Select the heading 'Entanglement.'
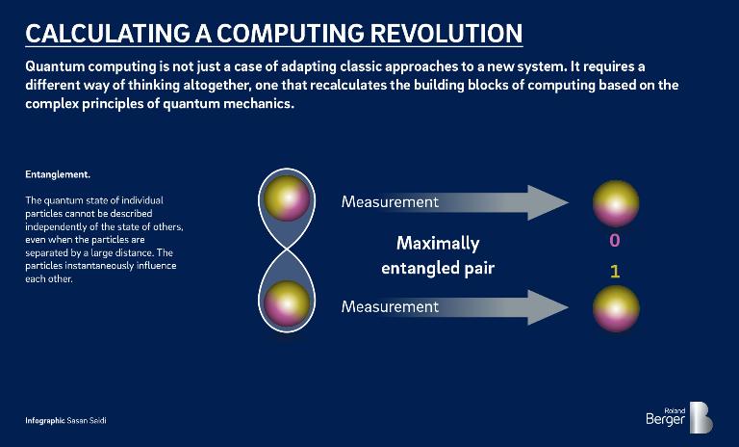point(58,175)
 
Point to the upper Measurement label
point(390,202)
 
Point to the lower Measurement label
point(390,306)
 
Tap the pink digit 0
point(615,240)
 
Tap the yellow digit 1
point(615,272)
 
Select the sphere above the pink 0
point(616,203)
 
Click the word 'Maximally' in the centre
point(437,243)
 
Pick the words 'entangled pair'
point(438,268)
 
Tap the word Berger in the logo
point(666,420)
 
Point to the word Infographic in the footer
point(45,422)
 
